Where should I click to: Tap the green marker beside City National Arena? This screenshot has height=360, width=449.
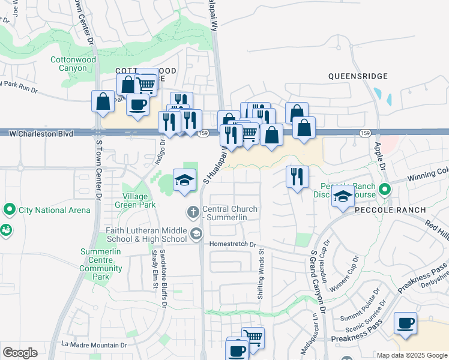click(9, 210)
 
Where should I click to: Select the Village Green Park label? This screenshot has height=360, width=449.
click(139, 200)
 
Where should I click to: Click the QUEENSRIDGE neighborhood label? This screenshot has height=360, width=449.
click(358, 76)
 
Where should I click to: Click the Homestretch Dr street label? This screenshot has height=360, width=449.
click(232, 244)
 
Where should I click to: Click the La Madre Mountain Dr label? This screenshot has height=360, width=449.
click(94, 345)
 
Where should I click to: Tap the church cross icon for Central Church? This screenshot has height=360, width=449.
click(193, 211)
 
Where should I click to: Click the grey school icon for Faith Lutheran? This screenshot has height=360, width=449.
click(196, 233)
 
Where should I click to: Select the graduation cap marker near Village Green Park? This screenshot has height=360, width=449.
click(185, 179)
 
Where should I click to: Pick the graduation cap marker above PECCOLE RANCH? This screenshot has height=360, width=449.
click(343, 196)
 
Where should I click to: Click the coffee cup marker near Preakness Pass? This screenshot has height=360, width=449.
click(405, 323)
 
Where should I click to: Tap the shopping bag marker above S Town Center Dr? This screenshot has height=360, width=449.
click(103, 101)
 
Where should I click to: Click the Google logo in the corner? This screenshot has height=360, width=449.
click(20, 353)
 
